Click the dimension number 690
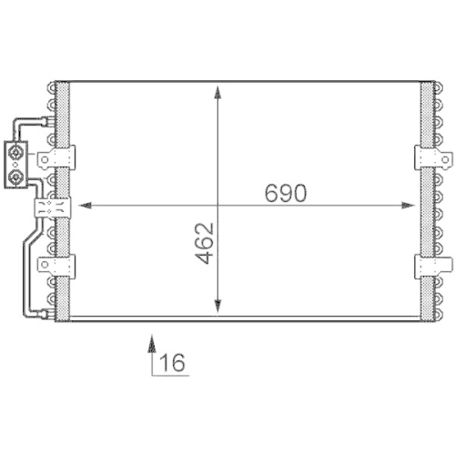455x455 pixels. coord(287,194)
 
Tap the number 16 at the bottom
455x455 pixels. coord(173,364)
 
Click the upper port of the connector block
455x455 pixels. coord(17,152)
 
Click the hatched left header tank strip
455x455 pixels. coord(64,118)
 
